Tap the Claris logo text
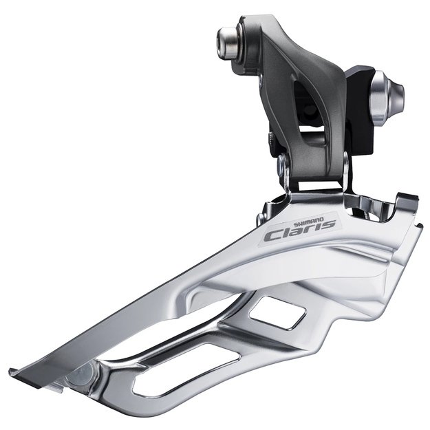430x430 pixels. [x=299, y=230]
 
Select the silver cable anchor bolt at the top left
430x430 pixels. [x=228, y=42]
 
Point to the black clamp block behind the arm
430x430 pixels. [x=359, y=109]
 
